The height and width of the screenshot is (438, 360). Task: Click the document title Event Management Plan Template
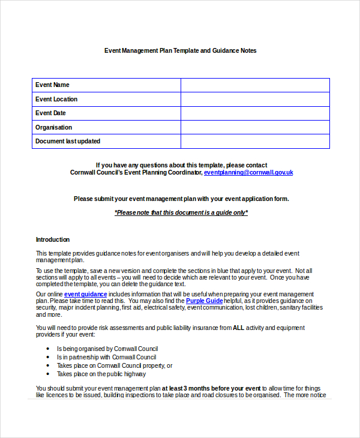coord(180,51)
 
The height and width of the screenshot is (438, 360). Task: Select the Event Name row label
coord(53,85)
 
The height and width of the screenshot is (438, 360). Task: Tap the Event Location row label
coord(56,99)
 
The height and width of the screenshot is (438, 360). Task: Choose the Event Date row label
coord(50,113)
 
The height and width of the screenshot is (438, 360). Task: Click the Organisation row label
coord(53,127)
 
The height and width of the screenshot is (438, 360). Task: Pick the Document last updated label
coord(68,142)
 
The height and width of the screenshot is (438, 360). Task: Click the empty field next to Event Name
coord(255,85)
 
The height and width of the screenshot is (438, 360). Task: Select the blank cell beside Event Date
coord(255,113)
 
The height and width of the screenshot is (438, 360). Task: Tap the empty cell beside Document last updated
coord(255,142)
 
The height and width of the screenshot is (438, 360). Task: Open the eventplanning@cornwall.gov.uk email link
coord(248,172)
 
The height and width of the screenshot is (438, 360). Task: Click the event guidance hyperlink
coord(86,294)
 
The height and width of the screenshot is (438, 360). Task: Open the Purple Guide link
coord(204,301)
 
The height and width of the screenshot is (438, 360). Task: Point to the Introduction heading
coord(53,239)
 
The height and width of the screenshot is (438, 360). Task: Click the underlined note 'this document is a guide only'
coord(181,212)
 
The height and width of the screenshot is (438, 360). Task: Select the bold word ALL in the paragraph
coord(238,328)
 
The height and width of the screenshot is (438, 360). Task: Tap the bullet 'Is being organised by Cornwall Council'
coord(107,349)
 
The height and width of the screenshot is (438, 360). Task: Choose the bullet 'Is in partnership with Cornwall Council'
coord(107,357)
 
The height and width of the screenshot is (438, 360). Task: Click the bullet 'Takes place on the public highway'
coord(101,374)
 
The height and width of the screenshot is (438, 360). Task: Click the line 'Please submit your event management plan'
coord(181,199)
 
